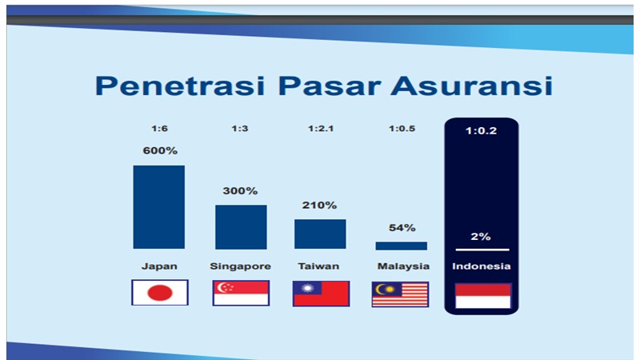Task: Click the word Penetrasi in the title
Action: [180, 86]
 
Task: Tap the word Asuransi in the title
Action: [471, 86]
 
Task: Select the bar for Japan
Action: [158, 207]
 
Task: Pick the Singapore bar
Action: [241, 227]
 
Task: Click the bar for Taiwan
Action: [320, 234]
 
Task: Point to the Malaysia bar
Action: [402, 246]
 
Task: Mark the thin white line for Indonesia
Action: [482, 250]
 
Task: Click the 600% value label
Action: [160, 150]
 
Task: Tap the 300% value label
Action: [240, 190]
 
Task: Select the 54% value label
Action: [402, 228]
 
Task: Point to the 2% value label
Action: [481, 236]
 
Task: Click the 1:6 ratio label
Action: [159, 129]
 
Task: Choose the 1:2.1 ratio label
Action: [321, 129]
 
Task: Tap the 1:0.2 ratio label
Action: [482, 130]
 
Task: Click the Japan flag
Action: [160, 293]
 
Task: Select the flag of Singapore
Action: [241, 293]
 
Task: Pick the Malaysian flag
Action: [401, 294]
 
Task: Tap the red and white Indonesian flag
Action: [483, 296]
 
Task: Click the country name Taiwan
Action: [318, 266]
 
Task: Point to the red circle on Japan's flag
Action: [160, 293]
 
